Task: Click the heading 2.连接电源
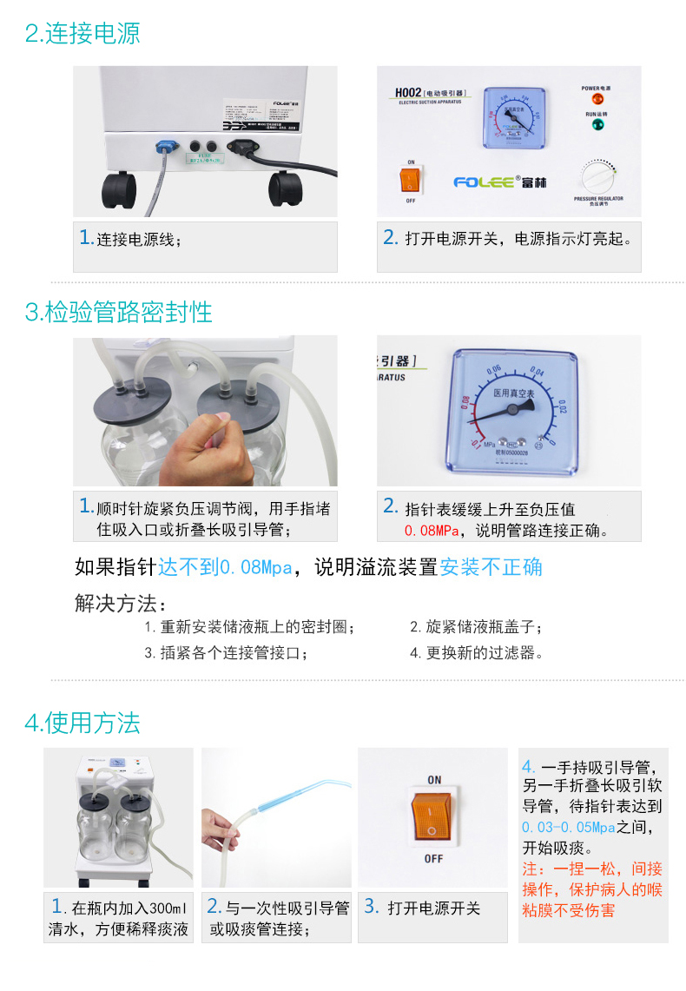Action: (x=82, y=34)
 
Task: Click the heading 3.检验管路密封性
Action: (x=119, y=312)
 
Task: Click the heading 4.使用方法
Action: (x=82, y=723)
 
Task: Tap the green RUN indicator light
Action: (x=596, y=125)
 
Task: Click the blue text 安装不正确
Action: (x=491, y=568)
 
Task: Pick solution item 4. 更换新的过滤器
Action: (x=477, y=653)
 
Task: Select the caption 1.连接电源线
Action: (x=130, y=239)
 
